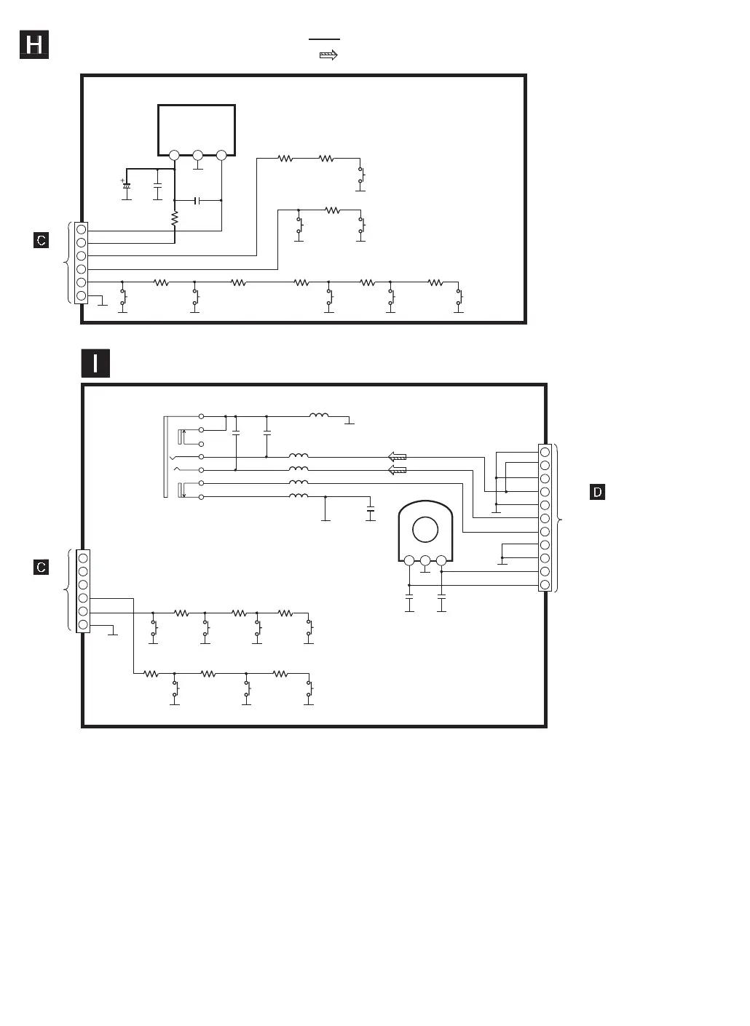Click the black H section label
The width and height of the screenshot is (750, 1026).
[x=33, y=45]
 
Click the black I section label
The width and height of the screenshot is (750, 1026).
[x=95, y=363]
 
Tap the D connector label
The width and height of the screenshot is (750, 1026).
[x=597, y=493]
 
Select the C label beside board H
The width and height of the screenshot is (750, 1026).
[x=42, y=240]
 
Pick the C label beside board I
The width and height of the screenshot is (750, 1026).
[x=42, y=567]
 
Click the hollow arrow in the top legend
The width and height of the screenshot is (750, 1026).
[x=328, y=55]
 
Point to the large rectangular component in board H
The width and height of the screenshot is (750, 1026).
[x=197, y=129]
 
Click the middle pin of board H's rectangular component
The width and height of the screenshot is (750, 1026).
[x=197, y=155]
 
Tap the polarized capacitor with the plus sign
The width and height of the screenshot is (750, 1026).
[x=126, y=186]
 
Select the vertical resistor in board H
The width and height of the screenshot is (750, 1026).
[x=175, y=218]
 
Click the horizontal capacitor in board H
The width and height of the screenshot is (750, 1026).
[x=197, y=200]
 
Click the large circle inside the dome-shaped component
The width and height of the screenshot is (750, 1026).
[x=425, y=529]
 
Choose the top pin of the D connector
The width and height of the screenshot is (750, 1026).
[x=545, y=452]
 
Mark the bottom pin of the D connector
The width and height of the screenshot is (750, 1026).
[x=545, y=584]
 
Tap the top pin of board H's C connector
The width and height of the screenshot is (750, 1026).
[x=82, y=229]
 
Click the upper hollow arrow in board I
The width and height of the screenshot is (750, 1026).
[x=397, y=457]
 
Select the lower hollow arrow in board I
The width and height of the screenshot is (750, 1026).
[x=397, y=470]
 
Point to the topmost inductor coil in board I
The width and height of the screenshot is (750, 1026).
[x=319, y=416]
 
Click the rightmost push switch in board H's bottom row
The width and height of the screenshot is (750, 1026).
[x=459, y=297]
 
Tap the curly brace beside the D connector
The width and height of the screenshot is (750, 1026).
[x=558, y=518]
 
